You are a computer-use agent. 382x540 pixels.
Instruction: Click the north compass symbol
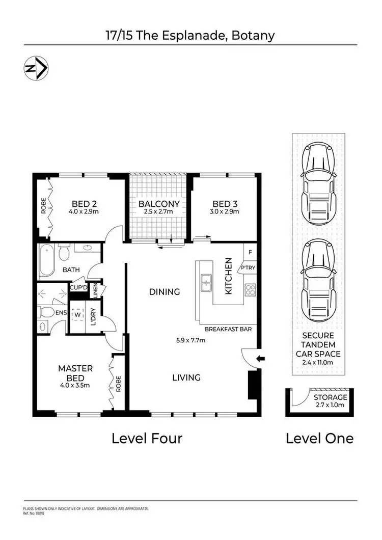click(36, 68)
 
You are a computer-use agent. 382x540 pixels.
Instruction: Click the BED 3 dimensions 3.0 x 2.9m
click(225, 211)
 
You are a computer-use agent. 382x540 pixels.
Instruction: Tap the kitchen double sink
click(206, 283)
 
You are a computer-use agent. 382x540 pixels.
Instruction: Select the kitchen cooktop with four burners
click(251, 289)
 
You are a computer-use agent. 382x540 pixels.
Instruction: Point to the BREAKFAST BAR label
click(228, 330)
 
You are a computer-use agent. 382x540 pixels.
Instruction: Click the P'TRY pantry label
click(248, 268)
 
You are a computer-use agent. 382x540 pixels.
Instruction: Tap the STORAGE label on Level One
click(330, 397)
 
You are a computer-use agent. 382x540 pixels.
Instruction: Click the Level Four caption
click(147, 438)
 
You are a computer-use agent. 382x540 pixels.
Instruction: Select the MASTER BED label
click(75, 372)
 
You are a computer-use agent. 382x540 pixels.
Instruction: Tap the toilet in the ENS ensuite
click(45, 312)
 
